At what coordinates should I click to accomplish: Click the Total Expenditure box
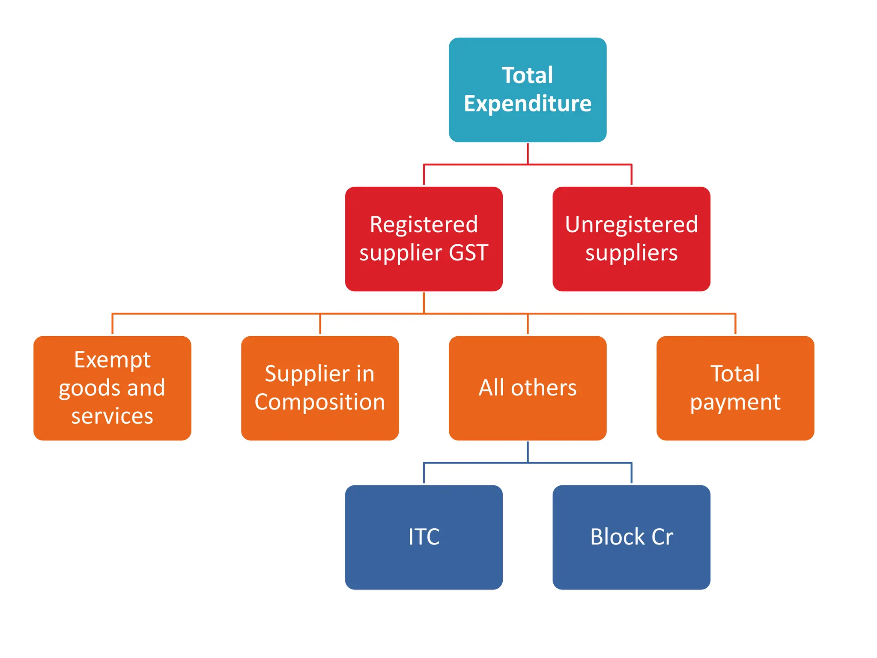(527, 90)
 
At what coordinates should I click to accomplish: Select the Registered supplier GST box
(424, 239)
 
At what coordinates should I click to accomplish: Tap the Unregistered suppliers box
(631, 239)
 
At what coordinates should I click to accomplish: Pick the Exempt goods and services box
(112, 388)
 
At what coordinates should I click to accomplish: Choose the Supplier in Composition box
(320, 388)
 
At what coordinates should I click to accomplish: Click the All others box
(527, 388)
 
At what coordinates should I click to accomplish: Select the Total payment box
(735, 388)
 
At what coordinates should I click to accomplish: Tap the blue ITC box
(424, 537)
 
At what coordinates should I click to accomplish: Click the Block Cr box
(631, 537)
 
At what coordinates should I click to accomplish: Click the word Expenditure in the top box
(527, 104)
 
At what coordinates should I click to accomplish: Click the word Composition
(320, 402)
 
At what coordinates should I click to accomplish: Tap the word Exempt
(112, 359)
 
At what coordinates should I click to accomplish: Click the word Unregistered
(631, 224)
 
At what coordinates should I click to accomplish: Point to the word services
(112, 416)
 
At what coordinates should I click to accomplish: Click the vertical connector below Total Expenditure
(528, 153)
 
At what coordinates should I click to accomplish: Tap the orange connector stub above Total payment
(735, 324)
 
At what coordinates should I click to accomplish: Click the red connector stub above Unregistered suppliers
(631, 174)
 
